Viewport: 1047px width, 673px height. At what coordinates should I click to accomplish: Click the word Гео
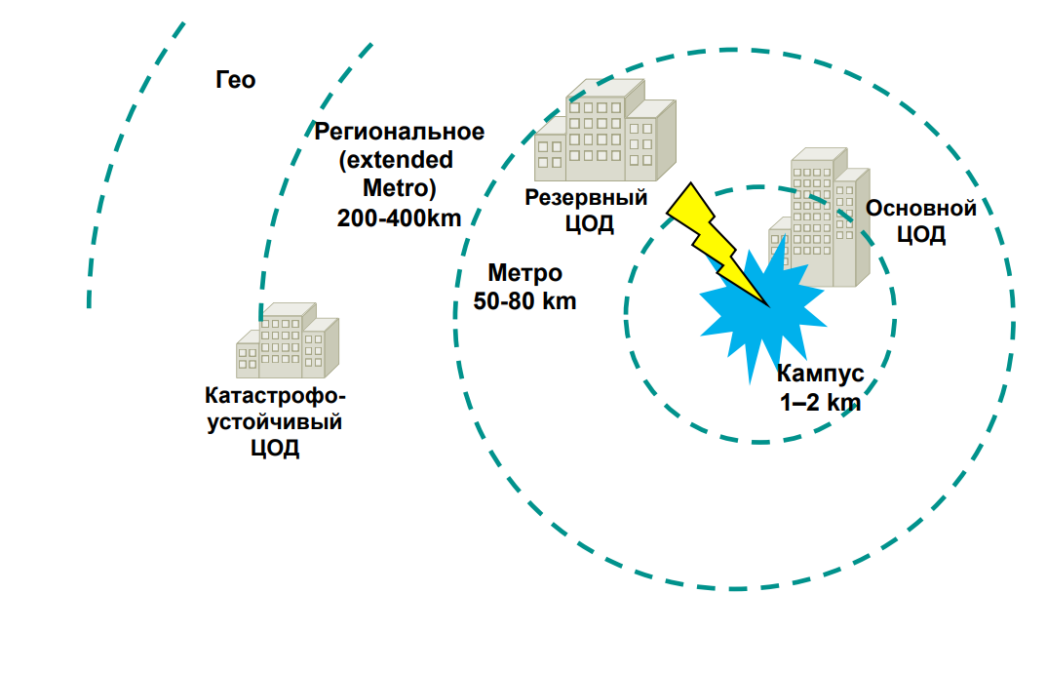coord(236,80)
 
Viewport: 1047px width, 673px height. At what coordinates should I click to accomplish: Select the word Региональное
coord(399,132)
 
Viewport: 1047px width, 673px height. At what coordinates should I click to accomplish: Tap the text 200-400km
coord(399,218)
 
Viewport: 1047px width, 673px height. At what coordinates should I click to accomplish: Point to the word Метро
coord(524,274)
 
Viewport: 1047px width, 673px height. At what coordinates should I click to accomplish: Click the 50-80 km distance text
coord(524,301)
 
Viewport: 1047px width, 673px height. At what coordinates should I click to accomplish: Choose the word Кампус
coord(820,374)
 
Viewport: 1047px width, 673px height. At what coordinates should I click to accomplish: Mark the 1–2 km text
coord(820,401)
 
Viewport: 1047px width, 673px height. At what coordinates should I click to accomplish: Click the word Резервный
coord(587,198)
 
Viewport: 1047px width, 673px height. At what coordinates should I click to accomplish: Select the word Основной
coord(921,209)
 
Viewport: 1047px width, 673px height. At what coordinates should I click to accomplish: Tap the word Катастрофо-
coord(274,397)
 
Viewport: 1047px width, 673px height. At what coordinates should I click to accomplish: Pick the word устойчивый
coord(274,423)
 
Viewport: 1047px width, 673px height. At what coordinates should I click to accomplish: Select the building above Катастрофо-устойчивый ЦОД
coord(287,341)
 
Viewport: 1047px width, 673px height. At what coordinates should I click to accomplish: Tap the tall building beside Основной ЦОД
coord(821,219)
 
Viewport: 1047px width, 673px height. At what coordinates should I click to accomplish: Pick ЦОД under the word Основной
coord(921,236)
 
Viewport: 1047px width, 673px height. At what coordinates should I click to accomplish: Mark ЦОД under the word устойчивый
coord(274,450)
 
